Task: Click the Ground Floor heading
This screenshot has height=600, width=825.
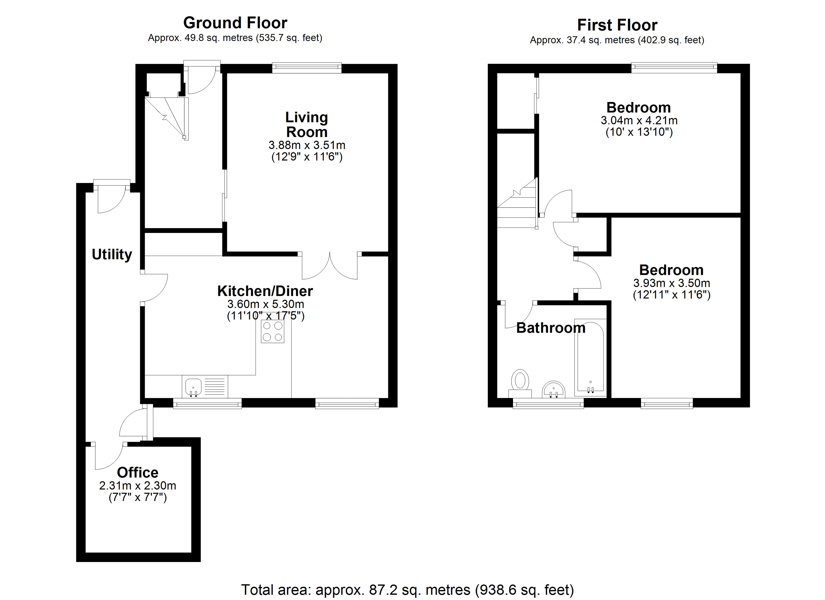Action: click(235, 23)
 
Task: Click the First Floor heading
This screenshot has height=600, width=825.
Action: click(617, 25)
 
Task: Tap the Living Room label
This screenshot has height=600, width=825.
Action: click(307, 124)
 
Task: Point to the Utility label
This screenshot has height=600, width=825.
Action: click(112, 255)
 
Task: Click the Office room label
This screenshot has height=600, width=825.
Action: click(137, 473)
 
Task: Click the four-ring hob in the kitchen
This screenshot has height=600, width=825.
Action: click(272, 331)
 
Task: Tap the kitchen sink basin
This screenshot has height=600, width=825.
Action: click(193, 387)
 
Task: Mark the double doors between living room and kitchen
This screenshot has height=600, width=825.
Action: click(329, 265)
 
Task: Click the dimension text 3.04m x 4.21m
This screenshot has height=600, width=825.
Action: click(639, 120)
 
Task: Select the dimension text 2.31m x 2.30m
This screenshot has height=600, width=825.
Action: click(137, 486)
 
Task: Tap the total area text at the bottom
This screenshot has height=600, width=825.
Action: click(407, 590)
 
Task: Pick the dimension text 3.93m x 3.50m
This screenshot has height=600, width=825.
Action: click(671, 283)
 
